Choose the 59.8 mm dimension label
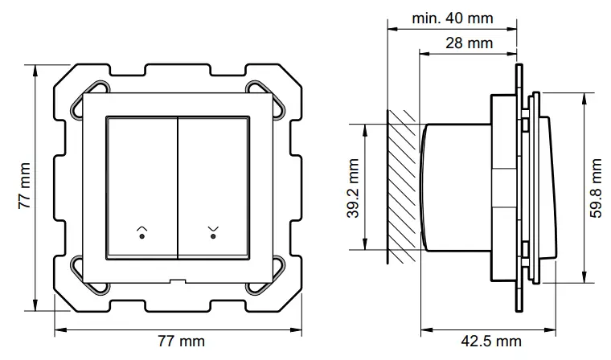click(596, 186)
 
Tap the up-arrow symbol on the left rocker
click(142, 231)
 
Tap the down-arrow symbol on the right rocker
click(213, 231)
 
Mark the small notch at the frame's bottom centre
click(178, 280)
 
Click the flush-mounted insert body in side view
click(454, 186)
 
